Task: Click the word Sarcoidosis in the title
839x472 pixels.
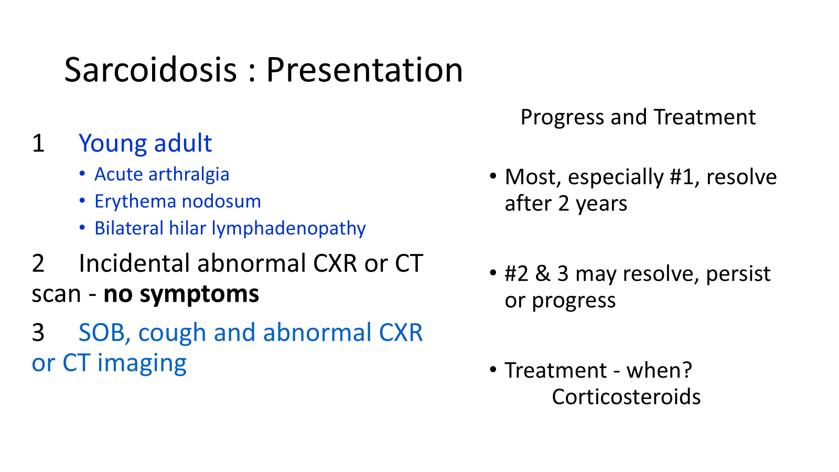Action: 150,70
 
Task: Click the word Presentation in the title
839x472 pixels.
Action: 364,70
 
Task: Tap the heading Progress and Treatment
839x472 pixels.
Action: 638,117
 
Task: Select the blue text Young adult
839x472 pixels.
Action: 145,144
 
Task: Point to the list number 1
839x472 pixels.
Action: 39,143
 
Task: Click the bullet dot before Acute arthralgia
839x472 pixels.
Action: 82,174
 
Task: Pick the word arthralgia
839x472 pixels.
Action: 189,175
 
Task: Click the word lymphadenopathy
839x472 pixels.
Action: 288,229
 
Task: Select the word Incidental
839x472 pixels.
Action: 134,263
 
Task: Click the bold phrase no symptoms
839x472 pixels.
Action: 181,294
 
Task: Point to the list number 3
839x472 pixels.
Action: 38,332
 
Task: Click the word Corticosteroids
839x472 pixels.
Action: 626,396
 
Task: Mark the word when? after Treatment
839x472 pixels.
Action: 659,370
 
